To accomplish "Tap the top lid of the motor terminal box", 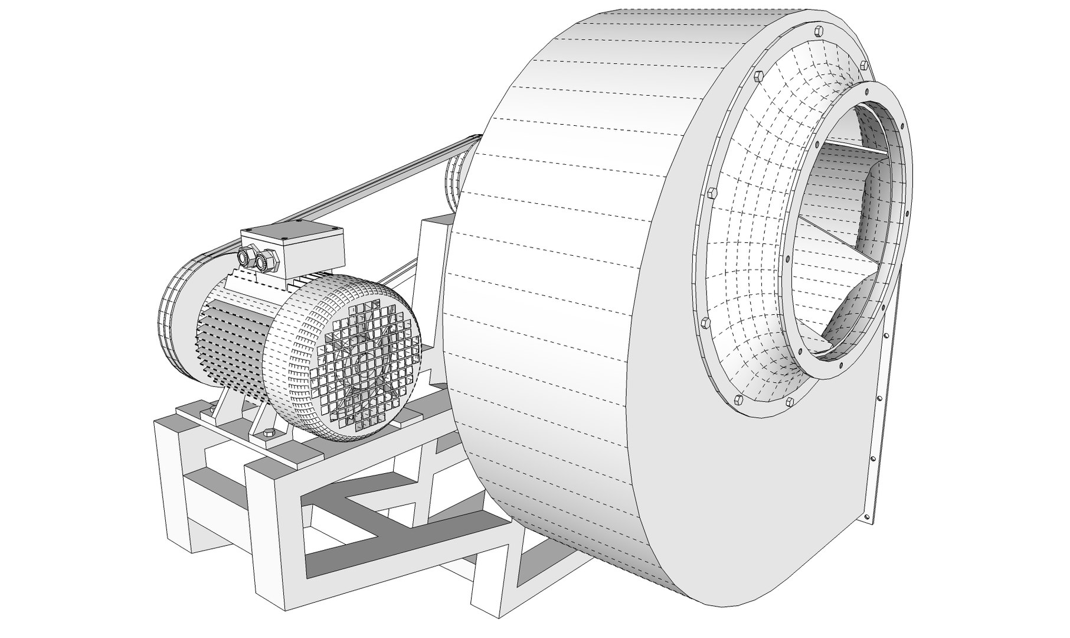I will tap(292, 227).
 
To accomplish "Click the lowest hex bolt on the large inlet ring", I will tap(790, 402).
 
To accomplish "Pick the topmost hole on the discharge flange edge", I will tap(887, 336).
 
